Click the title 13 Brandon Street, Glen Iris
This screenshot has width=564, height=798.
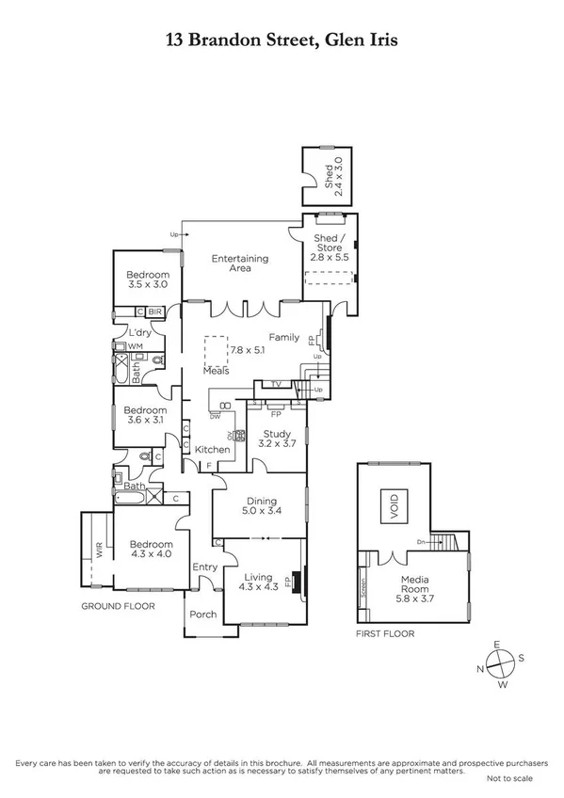click(x=282, y=40)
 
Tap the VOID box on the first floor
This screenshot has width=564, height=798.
click(x=394, y=504)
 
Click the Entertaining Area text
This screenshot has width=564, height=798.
click(x=240, y=263)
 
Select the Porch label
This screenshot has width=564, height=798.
click(x=203, y=614)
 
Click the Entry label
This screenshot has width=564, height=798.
click(x=204, y=567)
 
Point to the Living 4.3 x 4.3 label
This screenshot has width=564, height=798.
click(x=256, y=583)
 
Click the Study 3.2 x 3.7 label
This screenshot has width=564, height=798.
click(x=278, y=439)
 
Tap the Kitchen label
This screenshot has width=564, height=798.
click(x=213, y=450)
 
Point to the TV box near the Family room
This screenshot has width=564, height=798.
click(x=276, y=384)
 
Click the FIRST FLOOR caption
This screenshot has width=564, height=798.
click(x=385, y=633)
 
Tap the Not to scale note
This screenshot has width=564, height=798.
click(x=508, y=779)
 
